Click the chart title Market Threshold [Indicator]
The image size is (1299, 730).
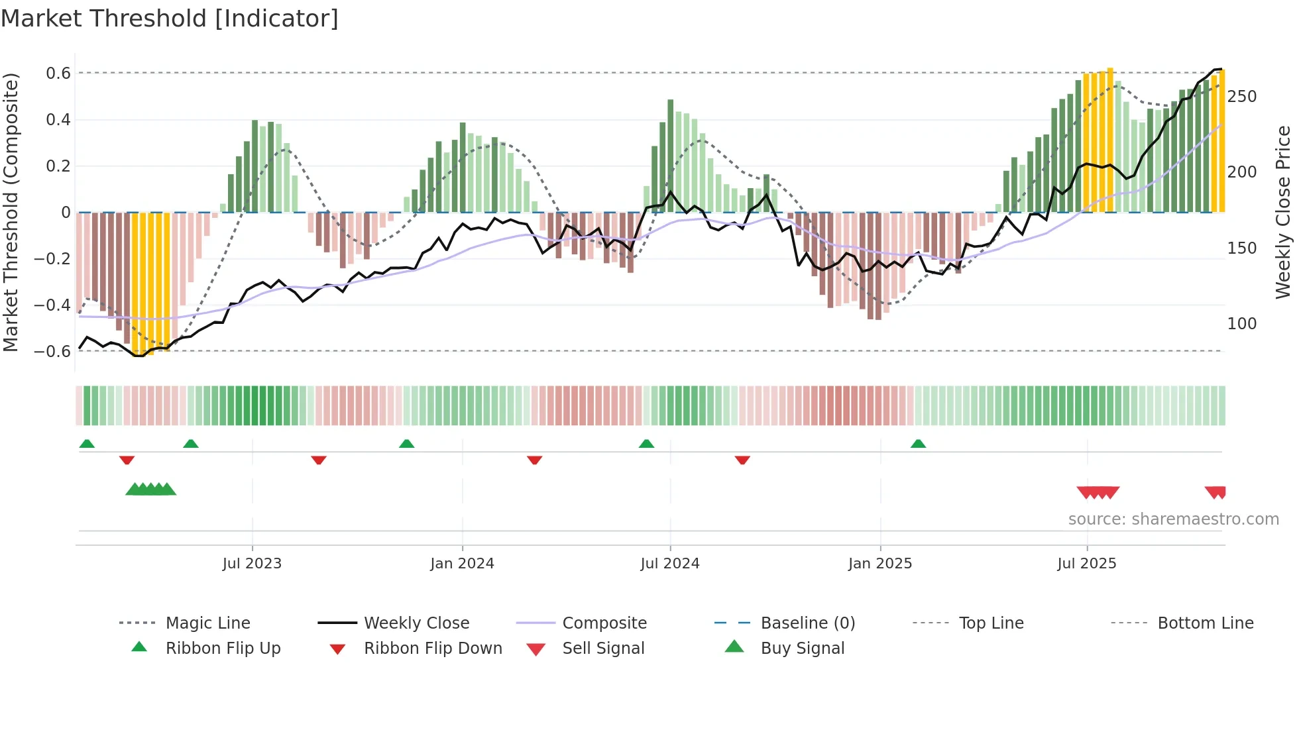[170, 19]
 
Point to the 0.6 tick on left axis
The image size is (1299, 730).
[58, 74]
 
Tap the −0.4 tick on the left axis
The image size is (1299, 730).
[52, 305]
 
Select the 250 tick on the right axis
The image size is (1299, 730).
[1242, 97]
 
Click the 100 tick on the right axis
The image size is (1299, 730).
[1242, 324]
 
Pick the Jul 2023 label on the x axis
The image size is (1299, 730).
[252, 564]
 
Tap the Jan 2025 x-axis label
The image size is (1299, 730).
[880, 564]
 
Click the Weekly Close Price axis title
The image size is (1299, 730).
[1283, 212]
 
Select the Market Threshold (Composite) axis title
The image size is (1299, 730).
[11, 212]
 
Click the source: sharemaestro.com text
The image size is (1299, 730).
[1173, 519]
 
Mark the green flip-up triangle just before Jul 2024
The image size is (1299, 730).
[646, 444]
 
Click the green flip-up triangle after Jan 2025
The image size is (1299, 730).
[918, 444]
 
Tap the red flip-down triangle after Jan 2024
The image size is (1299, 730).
[535, 460]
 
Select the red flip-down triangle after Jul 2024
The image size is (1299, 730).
[742, 460]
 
